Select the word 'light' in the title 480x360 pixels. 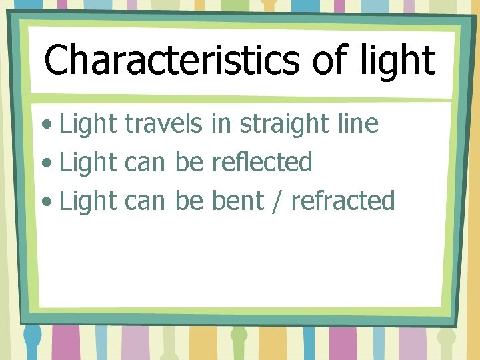click(398, 61)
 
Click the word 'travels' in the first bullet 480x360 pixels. click(163, 123)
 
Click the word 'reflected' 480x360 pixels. click(262, 162)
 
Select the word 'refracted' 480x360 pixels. click(343, 200)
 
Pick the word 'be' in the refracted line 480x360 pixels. click(189, 200)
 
